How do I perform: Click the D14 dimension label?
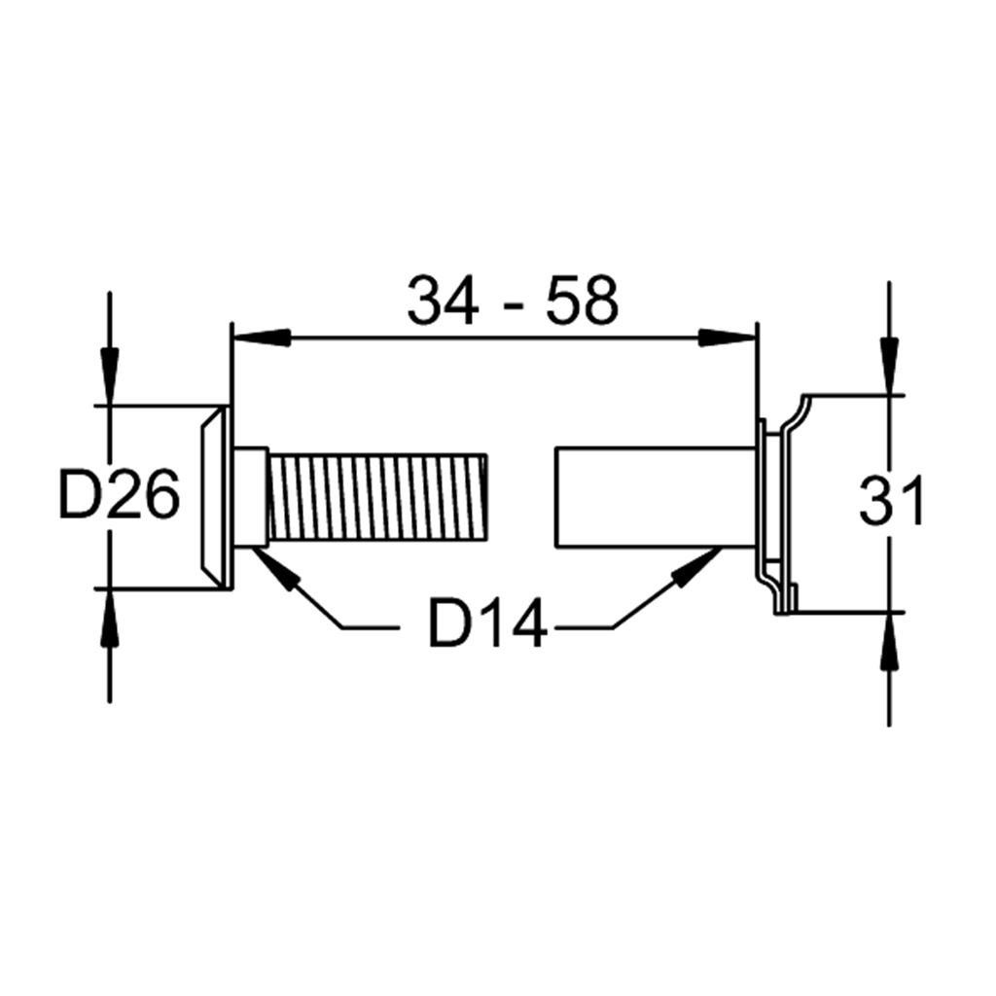(x=487, y=623)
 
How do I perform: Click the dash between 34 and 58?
(x=512, y=305)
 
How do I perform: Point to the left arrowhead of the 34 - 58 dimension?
(x=262, y=338)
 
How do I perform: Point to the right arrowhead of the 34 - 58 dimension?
(x=728, y=338)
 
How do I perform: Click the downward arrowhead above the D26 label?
(x=110, y=374)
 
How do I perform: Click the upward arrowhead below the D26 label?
(x=110, y=618)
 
